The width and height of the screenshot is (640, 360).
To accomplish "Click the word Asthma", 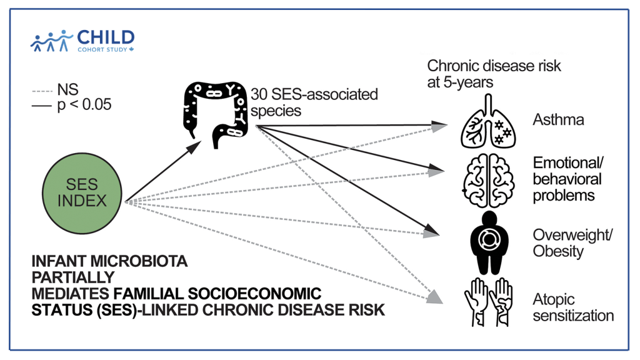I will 558,120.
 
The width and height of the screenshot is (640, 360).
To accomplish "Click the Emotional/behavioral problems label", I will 567,179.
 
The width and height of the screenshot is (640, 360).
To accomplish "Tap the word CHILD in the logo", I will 106,36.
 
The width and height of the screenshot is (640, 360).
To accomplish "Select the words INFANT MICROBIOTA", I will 109,260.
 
